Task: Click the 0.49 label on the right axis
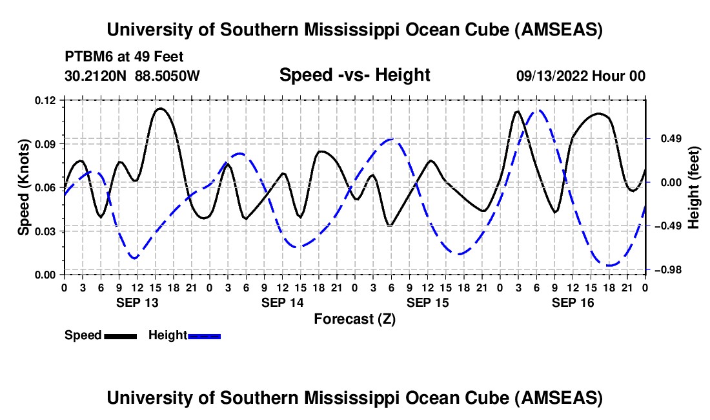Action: [668, 139]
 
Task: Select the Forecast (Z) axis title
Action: [354, 319]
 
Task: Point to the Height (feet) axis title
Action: [694, 187]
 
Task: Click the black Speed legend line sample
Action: [120, 336]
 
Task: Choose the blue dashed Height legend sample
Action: [204, 336]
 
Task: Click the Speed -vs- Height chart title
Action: [354, 76]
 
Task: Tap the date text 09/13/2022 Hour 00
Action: [580, 76]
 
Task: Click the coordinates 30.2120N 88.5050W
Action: [132, 76]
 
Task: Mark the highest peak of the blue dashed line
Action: [538, 110]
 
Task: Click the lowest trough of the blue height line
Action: [609, 265]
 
